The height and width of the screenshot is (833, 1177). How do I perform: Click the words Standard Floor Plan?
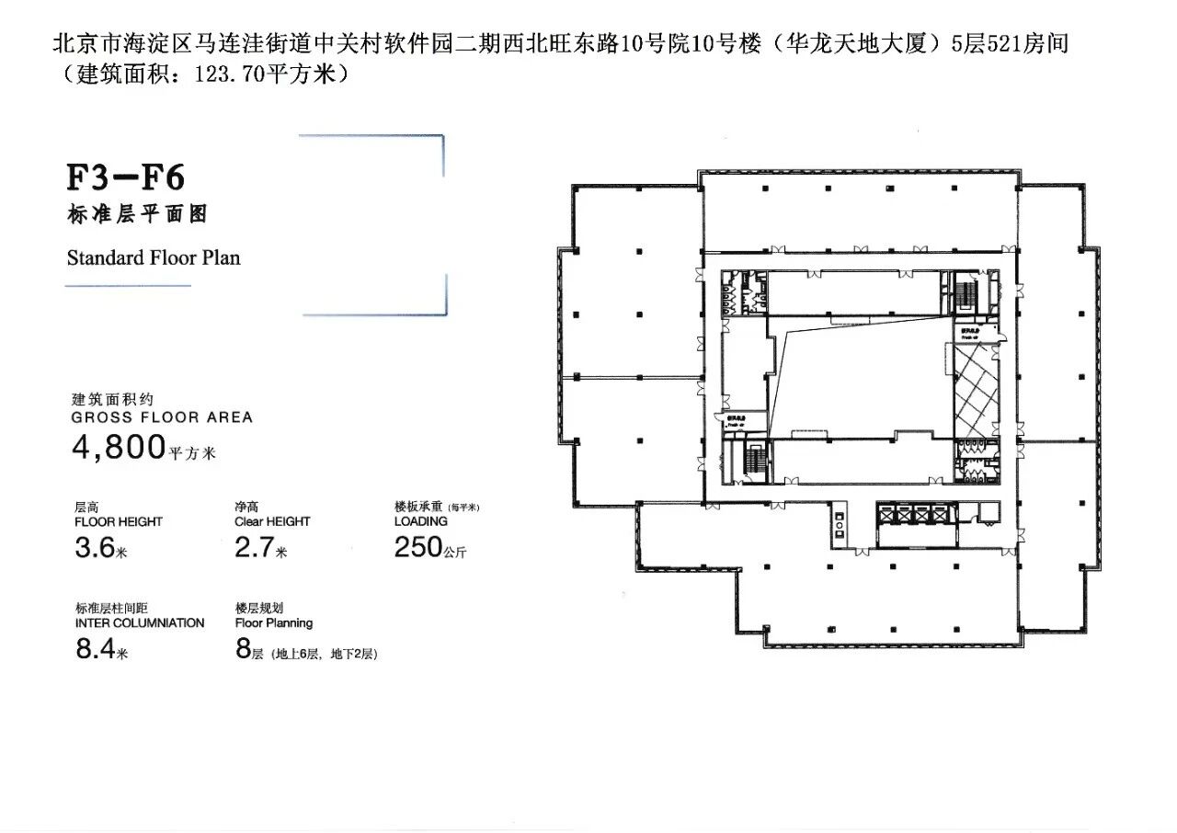pyautogui.click(x=154, y=257)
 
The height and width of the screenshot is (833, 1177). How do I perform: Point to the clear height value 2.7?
pyautogui.click(x=254, y=549)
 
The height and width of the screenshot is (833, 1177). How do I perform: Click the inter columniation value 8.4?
pyautogui.click(x=94, y=650)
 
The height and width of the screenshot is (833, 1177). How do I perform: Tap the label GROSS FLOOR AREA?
pyautogui.click(x=162, y=417)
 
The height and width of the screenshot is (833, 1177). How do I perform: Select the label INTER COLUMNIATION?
pyautogui.click(x=140, y=623)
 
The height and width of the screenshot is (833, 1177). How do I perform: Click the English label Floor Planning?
pyautogui.click(x=274, y=623)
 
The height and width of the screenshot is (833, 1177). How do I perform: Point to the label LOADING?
pyautogui.click(x=420, y=521)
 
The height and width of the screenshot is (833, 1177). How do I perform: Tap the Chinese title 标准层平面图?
pyautogui.click(x=137, y=214)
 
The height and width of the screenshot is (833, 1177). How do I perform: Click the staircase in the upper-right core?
pyautogui.click(x=966, y=294)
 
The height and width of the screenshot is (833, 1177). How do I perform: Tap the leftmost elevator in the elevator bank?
pyautogui.click(x=887, y=517)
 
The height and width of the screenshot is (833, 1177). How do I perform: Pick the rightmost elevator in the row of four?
pyautogui.click(x=938, y=517)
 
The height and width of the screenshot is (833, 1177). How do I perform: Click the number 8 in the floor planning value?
pyautogui.click(x=244, y=649)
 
